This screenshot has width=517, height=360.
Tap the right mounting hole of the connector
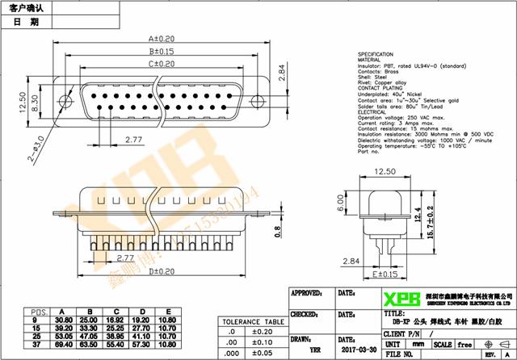[257, 102]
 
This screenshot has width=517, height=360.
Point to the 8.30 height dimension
[37, 103]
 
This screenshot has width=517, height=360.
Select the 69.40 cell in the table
[64, 344]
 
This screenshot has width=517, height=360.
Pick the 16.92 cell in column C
[116, 320]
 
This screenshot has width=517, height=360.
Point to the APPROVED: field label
[307, 293]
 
